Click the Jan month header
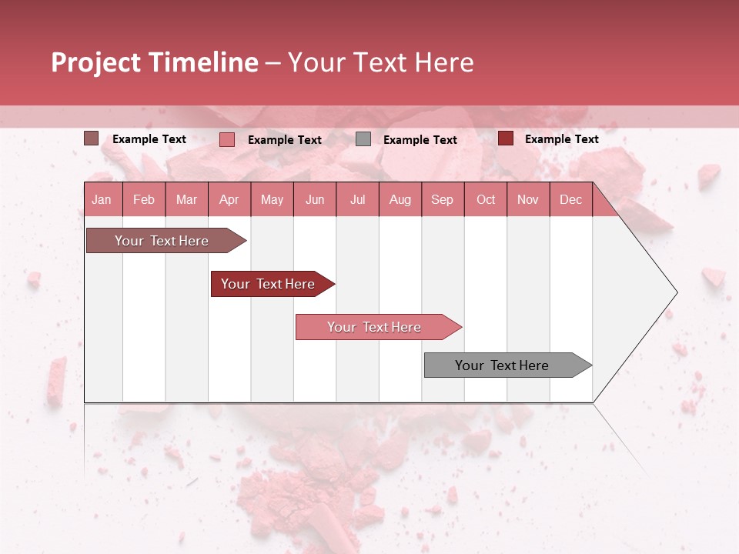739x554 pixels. (102, 200)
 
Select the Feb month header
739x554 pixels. (144, 200)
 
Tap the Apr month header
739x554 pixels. (229, 200)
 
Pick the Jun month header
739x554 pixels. (315, 200)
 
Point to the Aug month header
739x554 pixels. (400, 200)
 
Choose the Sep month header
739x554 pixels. (443, 200)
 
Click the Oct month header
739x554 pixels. (486, 200)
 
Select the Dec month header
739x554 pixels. (571, 200)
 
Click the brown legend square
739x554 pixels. (91, 138)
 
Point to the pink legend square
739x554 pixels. (226, 139)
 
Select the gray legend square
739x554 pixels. (363, 139)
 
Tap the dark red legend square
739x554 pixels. (505, 138)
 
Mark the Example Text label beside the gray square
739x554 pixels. (420, 140)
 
